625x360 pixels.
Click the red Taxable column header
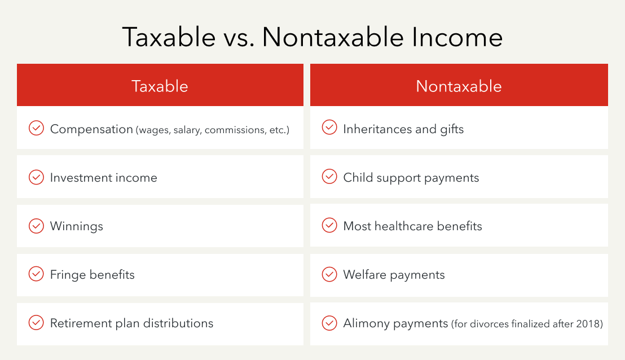[160, 86]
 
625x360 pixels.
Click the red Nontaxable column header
[459, 86]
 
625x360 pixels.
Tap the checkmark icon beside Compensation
[36, 129]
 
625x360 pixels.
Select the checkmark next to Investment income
[36, 177]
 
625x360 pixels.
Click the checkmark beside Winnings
[36, 226]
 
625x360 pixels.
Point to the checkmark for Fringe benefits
[36, 274]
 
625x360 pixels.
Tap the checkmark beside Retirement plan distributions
[36, 323]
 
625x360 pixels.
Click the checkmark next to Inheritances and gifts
[329, 128]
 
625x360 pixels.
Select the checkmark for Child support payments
[329, 177]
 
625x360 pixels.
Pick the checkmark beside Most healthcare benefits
[329, 226]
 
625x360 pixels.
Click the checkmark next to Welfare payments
[329, 274]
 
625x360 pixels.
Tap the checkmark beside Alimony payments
[329, 323]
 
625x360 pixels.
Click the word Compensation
[91, 129]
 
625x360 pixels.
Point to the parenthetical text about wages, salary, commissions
[212, 130]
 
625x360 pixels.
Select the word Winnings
[76, 226]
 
